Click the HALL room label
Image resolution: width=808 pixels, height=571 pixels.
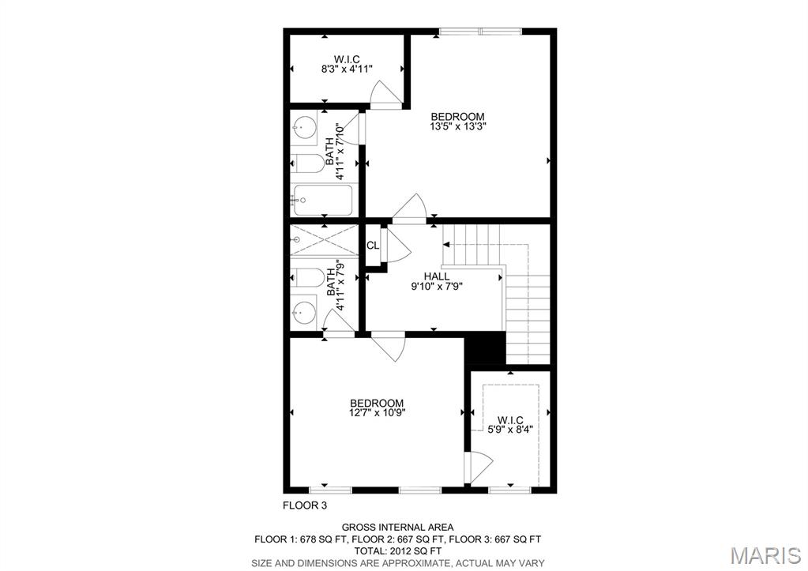tap(437, 276)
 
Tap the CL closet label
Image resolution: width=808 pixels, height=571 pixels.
tap(373, 246)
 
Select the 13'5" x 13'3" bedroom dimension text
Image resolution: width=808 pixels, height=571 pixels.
tap(458, 126)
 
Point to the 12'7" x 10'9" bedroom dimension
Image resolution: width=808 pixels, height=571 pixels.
tap(377, 412)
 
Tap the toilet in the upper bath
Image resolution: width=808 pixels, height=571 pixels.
tap(307, 164)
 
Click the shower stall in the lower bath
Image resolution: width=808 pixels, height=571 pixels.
tap(324, 239)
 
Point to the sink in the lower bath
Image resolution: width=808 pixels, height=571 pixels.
tap(303, 311)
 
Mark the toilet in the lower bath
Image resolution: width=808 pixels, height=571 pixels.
tap(307, 277)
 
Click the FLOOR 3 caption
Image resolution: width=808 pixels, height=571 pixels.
tap(305, 505)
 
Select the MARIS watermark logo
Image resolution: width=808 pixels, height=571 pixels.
tap(766, 555)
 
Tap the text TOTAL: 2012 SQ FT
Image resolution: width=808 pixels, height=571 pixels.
tap(397, 551)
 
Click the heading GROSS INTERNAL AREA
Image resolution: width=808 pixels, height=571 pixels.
tap(398, 528)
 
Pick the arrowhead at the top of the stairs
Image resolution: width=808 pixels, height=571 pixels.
tap(446, 244)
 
